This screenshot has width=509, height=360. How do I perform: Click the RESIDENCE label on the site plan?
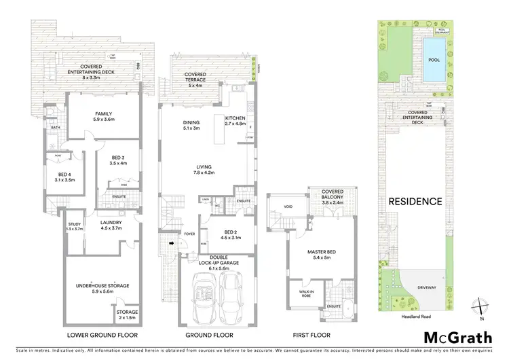(415, 202)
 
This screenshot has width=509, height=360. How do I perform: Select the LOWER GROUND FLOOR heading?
(104, 336)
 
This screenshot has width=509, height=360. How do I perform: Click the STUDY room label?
(75, 226)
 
